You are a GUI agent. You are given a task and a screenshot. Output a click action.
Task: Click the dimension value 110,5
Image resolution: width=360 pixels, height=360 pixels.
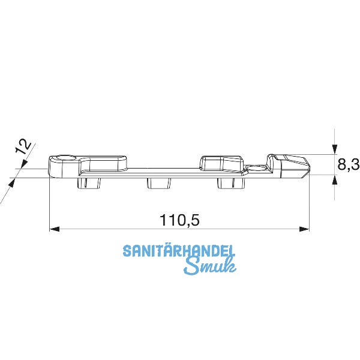(179, 220)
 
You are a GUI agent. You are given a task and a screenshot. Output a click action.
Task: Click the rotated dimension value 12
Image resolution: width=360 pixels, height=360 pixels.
(23, 147)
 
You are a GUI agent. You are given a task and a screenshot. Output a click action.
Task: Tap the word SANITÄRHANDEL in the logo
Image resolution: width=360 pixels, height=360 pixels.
(179, 251)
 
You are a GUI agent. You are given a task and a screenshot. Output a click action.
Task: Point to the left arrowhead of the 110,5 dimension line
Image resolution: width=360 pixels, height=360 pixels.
(53, 229)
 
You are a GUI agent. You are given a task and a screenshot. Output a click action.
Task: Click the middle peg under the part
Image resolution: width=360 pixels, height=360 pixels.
(157, 182)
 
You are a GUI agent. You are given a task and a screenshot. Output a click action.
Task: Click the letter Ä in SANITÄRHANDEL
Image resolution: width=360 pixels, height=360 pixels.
(165, 251)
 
